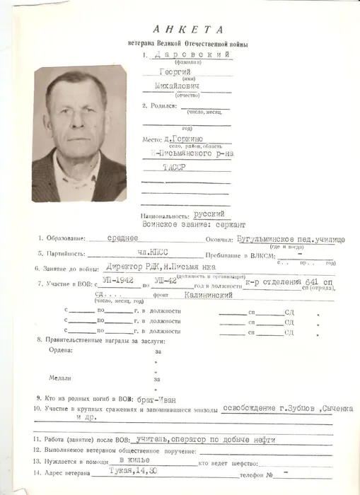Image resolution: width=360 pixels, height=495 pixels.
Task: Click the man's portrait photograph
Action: tap(79, 134)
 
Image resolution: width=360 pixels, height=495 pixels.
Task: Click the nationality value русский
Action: tap(209, 214)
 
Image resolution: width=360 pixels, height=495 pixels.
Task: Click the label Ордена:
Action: tap(61, 350)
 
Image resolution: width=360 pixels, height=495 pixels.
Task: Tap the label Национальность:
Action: tap(166, 214)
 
